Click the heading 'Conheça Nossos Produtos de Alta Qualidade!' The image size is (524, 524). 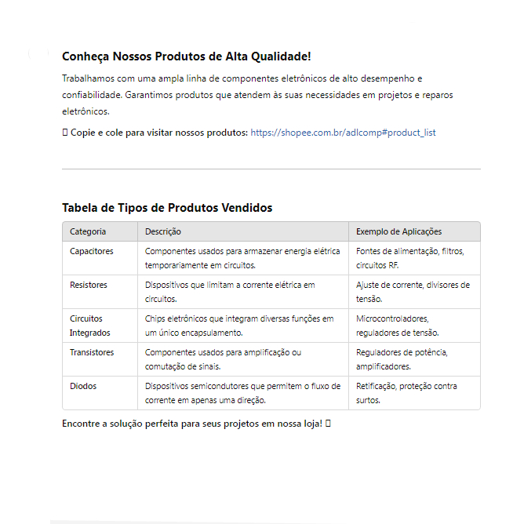pyautogui.click(x=186, y=57)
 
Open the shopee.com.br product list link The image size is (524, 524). pyautogui.click(x=343, y=133)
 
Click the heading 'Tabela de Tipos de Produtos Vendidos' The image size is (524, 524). pyautogui.click(x=167, y=208)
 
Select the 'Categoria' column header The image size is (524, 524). pyautogui.click(x=88, y=231)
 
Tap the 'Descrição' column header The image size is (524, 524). pyautogui.click(x=163, y=231)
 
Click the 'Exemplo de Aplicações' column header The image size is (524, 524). pyautogui.click(x=398, y=231)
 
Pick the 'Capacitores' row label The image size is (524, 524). pyautogui.click(x=92, y=251)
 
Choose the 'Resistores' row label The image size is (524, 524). pyautogui.click(x=89, y=285)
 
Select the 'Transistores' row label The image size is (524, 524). pyautogui.click(x=92, y=352)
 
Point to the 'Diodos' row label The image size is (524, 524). pyautogui.click(x=83, y=386)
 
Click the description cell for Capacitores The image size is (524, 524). pyautogui.click(x=242, y=258)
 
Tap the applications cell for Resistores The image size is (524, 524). pyautogui.click(x=413, y=292)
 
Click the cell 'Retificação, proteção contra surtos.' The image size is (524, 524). pyautogui.click(x=406, y=393)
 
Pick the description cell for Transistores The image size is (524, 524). pyautogui.click(x=223, y=359)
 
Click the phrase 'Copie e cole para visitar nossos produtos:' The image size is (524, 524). pyautogui.click(x=159, y=133)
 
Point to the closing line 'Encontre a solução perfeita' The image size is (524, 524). pyautogui.click(x=191, y=424)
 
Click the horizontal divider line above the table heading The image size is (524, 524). pyautogui.click(x=271, y=169)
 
